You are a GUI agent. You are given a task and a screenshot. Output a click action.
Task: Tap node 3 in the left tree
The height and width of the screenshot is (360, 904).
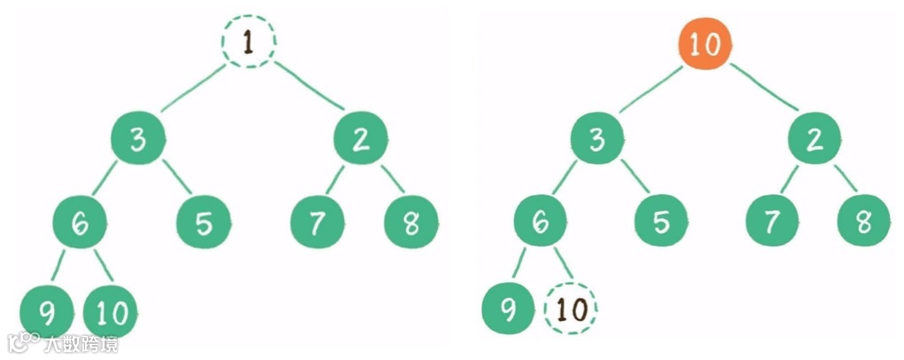click(x=137, y=139)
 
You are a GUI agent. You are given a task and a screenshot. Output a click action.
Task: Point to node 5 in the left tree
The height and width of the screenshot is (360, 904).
click(x=203, y=222)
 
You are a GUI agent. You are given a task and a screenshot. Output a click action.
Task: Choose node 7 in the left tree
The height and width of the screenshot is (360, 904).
click(x=316, y=222)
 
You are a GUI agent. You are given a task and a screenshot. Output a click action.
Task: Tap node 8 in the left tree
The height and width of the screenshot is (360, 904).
click(x=410, y=222)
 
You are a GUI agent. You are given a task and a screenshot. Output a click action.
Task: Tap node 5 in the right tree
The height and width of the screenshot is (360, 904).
click(x=660, y=222)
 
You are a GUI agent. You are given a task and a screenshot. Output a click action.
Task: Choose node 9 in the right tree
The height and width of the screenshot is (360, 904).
click(x=507, y=309)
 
